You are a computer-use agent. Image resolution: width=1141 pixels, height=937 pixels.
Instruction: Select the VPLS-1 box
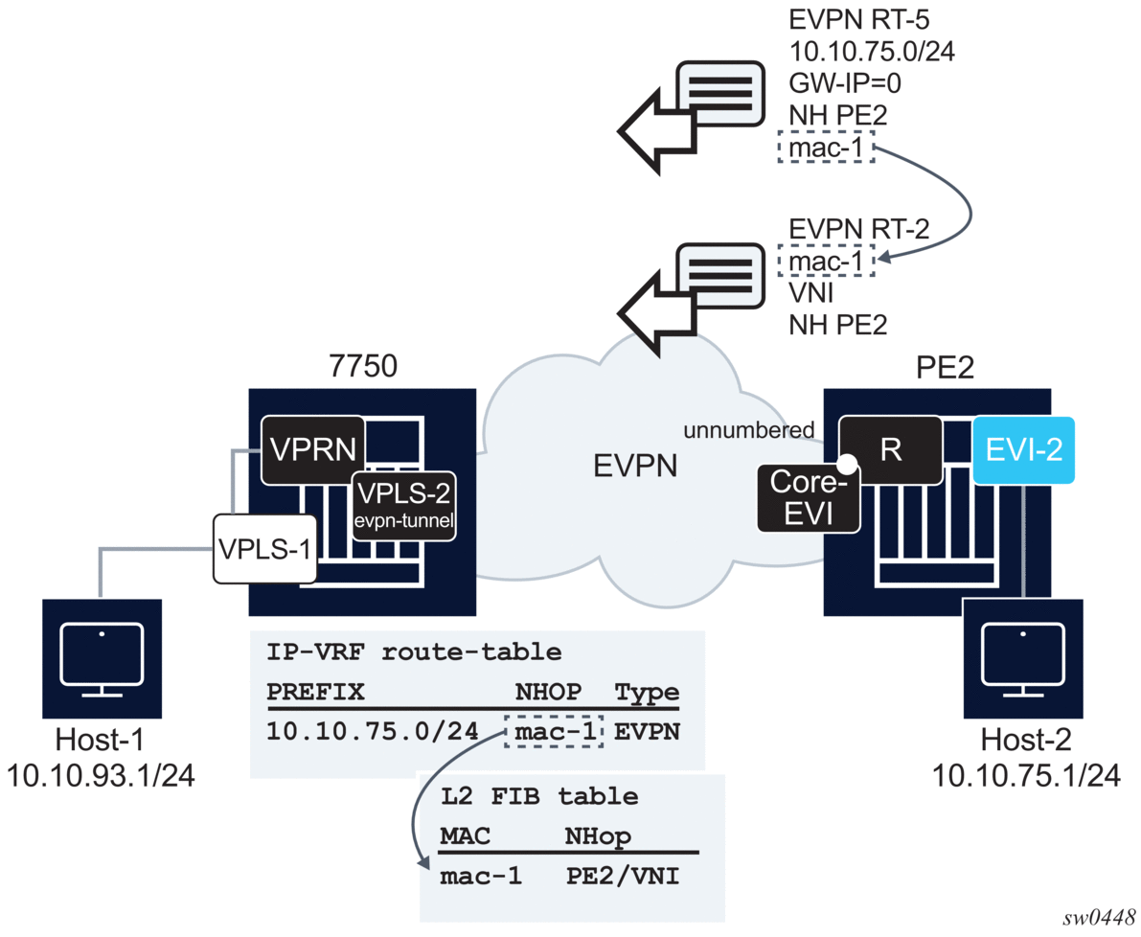[263, 550]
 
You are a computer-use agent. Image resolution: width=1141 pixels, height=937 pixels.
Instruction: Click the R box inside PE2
[890, 449]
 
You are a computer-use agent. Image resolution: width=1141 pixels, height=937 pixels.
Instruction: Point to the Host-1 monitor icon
[102, 658]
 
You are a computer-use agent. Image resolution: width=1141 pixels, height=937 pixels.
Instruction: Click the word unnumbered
[747, 430]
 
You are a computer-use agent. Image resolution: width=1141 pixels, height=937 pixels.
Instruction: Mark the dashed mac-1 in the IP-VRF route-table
[554, 731]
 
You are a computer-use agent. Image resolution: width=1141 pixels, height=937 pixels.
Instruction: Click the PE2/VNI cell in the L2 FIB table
[623, 875]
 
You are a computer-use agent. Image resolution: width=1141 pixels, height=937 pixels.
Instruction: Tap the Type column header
[647, 692]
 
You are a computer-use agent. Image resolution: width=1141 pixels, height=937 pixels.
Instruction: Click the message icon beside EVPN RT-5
[717, 93]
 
